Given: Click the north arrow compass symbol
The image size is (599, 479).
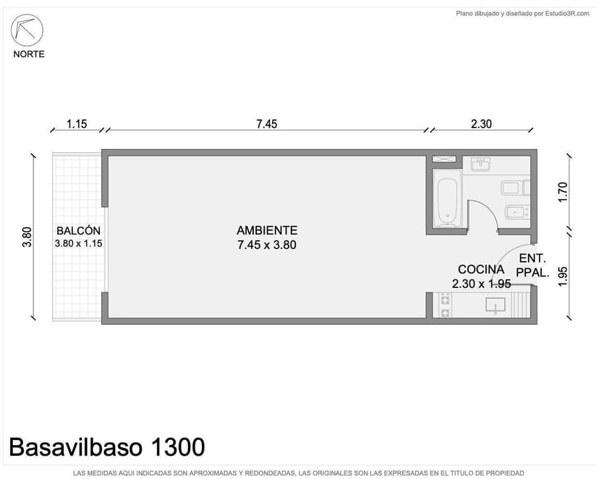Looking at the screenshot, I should tap(27, 30).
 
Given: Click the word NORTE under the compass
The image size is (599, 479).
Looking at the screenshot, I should tap(29, 54).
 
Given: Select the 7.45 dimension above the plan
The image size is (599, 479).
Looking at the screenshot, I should tap(266, 124).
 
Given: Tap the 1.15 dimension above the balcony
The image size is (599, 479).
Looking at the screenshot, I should tap(76, 124).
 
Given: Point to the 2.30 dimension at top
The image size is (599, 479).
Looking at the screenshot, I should tap(481, 124).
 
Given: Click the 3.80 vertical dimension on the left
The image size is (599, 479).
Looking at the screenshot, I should tap(27, 237).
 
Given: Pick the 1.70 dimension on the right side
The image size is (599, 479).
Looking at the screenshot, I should tap(564, 192).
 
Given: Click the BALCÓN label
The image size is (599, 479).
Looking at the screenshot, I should tap(78, 231).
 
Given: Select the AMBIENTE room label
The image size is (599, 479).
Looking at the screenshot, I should tap(267, 230).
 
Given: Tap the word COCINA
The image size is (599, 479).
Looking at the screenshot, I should tap(480, 269).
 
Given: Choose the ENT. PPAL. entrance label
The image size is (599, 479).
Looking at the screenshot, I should tap(532, 266).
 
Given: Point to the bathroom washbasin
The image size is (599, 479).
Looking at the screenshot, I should tap(480, 164).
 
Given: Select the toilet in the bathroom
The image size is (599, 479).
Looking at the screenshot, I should tap(514, 188).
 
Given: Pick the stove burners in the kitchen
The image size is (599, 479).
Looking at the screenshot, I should tap(443, 305).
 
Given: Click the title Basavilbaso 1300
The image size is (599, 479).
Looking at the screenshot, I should tap(107, 447).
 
